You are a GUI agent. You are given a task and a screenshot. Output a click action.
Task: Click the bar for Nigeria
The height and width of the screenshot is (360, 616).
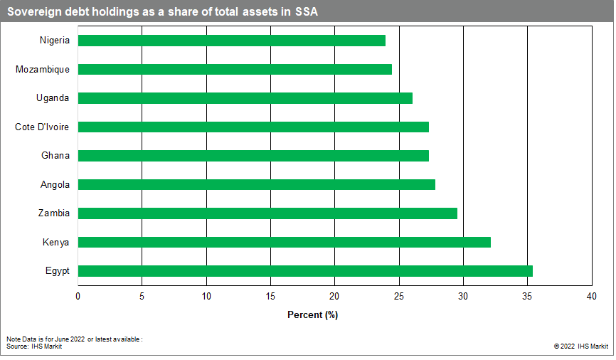pyautogui.click(x=231, y=41)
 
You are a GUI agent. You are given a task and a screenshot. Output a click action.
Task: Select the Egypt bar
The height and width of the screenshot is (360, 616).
pyautogui.click(x=305, y=271)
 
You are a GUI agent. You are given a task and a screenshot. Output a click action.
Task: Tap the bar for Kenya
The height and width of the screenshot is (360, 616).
pyautogui.click(x=284, y=243)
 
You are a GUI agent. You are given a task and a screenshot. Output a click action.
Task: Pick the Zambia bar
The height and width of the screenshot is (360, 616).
pyautogui.click(x=267, y=213)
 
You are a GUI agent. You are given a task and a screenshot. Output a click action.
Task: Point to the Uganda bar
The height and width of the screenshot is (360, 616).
pyautogui.click(x=245, y=98)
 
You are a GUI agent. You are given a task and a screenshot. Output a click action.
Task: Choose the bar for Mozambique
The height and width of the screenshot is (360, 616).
pyautogui.click(x=235, y=70)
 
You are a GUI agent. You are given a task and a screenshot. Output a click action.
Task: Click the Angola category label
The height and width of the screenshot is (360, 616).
pyautogui.click(x=55, y=185)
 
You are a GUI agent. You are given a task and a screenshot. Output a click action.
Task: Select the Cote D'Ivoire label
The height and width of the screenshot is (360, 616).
pyautogui.click(x=43, y=127)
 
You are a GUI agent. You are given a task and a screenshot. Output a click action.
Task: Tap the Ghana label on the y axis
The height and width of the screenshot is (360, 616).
pyautogui.click(x=55, y=156)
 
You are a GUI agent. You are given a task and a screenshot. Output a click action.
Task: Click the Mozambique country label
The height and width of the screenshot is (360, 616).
pyautogui.click(x=43, y=70)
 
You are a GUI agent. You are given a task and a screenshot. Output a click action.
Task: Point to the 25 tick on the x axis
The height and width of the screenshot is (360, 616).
pyautogui.click(x=399, y=296)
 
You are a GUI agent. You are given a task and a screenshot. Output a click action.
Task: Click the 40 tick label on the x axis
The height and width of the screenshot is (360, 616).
pyautogui.click(x=591, y=296)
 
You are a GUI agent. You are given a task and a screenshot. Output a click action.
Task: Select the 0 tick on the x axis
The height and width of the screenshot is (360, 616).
pyautogui.click(x=78, y=296)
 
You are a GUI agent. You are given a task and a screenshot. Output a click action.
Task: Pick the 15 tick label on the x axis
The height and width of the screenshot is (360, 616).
pyautogui.click(x=270, y=296)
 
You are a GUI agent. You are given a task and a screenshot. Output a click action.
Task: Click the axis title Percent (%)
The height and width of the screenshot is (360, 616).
pyautogui.click(x=312, y=314)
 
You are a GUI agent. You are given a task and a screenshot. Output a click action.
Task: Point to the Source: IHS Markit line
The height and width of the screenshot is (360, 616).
pyautogui.click(x=29, y=346)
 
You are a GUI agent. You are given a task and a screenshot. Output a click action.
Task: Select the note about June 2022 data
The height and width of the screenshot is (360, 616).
pyautogui.click(x=75, y=339)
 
